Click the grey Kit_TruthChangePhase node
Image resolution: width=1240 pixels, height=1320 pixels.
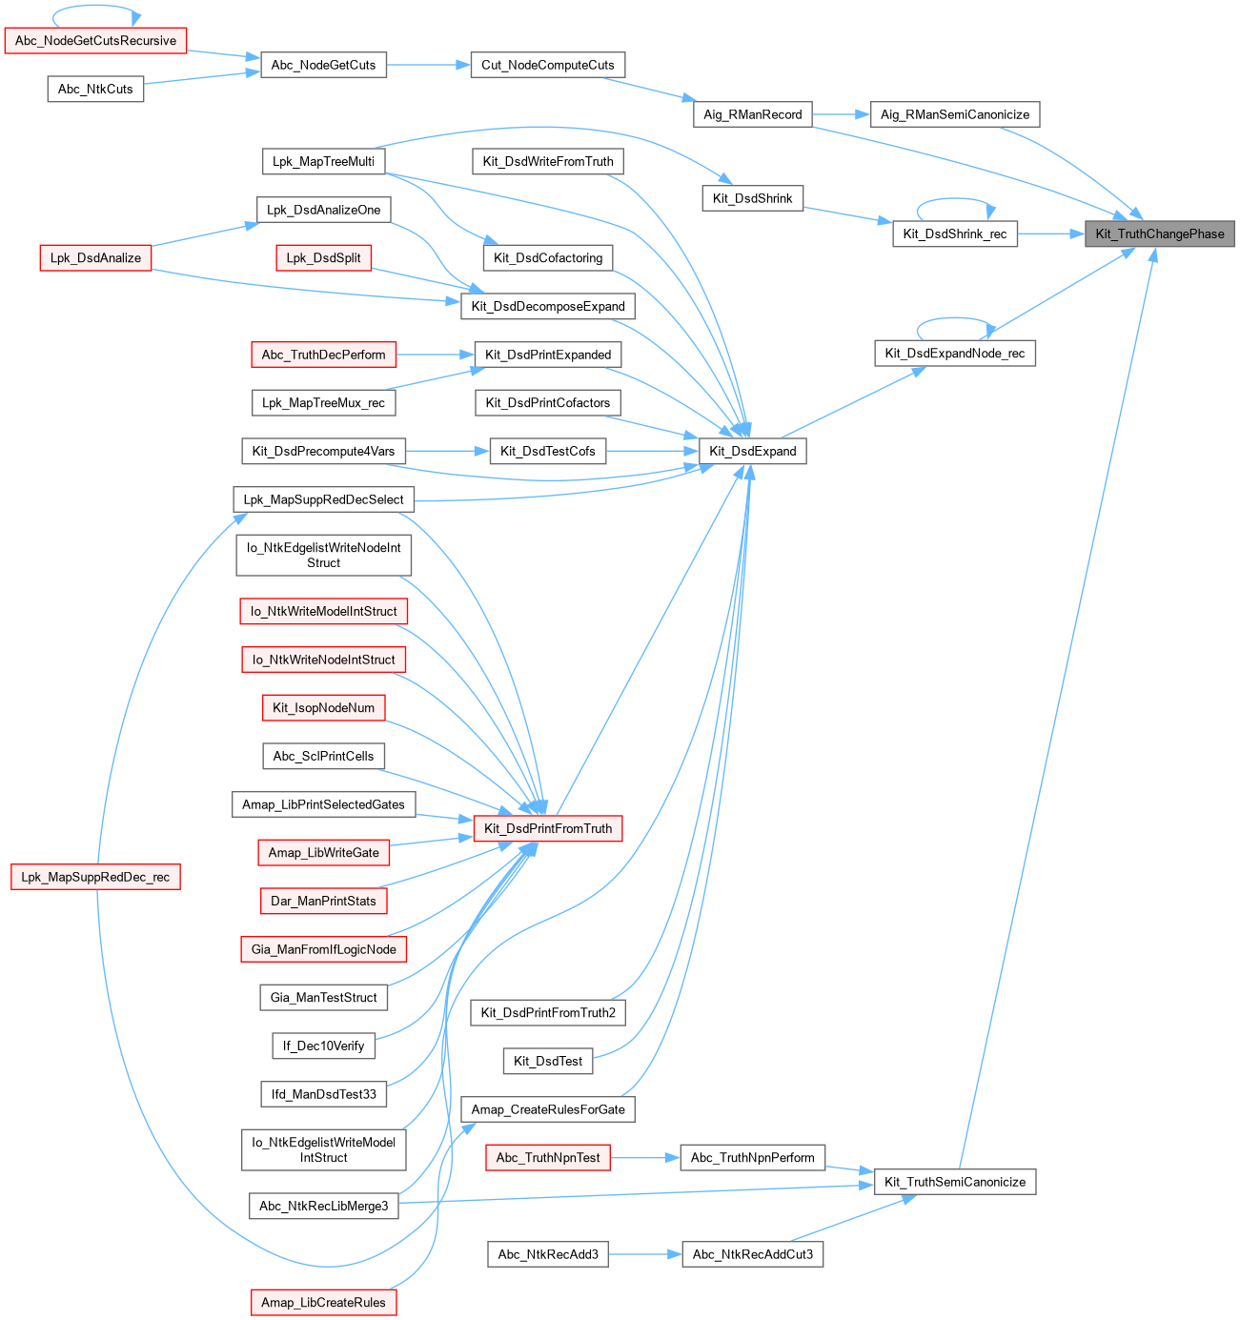pyautogui.click(x=1159, y=234)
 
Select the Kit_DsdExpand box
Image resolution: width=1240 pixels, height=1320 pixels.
pyautogui.click(x=753, y=451)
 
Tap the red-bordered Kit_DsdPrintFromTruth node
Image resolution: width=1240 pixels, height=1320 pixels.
pyautogui.click(x=548, y=828)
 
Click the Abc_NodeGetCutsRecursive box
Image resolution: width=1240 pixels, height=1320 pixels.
pyautogui.click(x=95, y=41)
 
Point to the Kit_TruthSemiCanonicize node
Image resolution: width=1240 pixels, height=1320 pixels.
pyautogui.click(x=955, y=1182)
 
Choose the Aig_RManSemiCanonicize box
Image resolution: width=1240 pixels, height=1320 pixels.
pyautogui.click(x=955, y=114)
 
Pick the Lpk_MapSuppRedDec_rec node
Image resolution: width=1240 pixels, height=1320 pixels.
pyautogui.click(x=95, y=877)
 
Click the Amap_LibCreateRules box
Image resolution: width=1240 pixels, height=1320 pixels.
pyautogui.click(x=323, y=1302)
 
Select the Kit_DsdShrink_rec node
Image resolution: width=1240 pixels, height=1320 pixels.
pyautogui.click(x=955, y=234)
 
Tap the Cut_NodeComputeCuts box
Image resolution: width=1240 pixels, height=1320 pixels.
pyautogui.click(x=548, y=65)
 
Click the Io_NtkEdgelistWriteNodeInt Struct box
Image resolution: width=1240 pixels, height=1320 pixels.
pyautogui.click(x=323, y=555)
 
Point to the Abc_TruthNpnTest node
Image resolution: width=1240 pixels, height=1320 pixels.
pyautogui.click(x=548, y=1157)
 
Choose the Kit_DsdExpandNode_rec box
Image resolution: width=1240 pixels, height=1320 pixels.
pyautogui.click(x=955, y=354)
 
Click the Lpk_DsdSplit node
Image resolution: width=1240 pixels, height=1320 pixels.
pyautogui.click(x=323, y=257)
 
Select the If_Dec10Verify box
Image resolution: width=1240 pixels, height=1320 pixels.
pyautogui.click(x=323, y=1046)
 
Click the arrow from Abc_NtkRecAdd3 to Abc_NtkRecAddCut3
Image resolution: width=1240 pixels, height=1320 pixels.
pyautogui.click(x=645, y=1254)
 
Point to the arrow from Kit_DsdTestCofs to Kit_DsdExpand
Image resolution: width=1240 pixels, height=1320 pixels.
pyautogui.click(x=653, y=451)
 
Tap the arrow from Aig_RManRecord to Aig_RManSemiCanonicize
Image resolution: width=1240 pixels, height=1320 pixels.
pyautogui.click(x=842, y=114)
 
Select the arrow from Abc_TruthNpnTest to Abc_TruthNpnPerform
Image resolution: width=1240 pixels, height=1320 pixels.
pyautogui.click(x=645, y=1157)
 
